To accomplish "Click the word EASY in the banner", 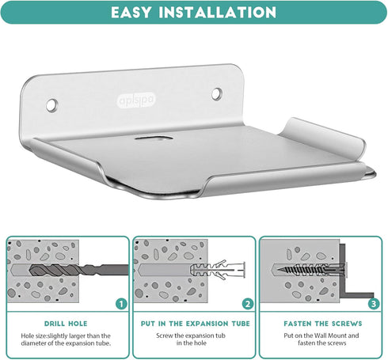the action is (131, 12).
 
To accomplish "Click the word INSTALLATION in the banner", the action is (218, 12).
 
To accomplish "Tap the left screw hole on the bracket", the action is (51, 104).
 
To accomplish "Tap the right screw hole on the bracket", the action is (217, 93).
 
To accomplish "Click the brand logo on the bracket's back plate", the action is (136, 100).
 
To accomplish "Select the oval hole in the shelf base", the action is (154, 138).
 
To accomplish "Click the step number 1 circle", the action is (121, 304).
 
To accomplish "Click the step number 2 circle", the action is (248, 304).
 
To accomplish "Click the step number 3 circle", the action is (374, 304).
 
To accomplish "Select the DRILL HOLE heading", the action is (66, 324).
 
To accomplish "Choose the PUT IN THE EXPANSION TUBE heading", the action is (195, 324).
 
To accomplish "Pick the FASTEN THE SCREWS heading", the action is (323, 324).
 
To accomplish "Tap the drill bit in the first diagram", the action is (78, 270).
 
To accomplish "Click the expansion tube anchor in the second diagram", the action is (218, 270).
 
